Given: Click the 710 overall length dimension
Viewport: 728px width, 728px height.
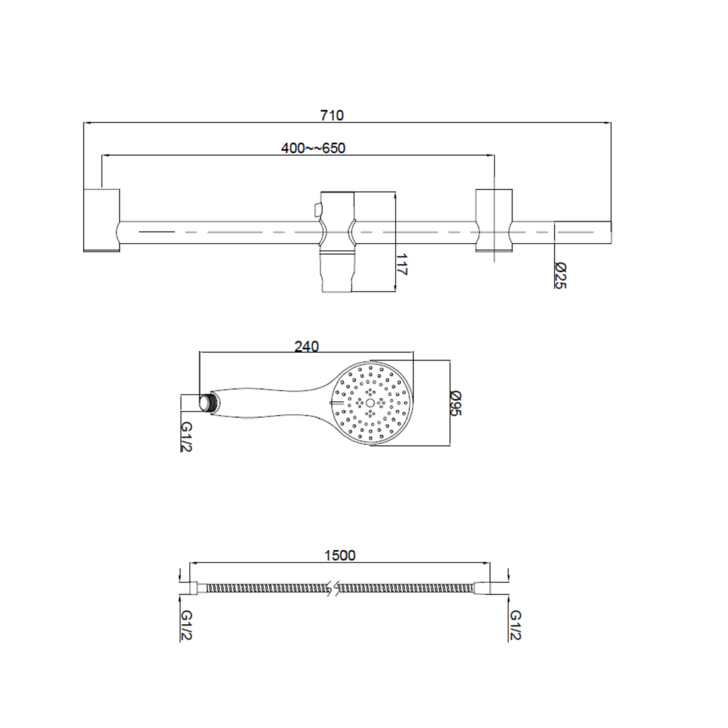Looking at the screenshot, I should coord(331,116).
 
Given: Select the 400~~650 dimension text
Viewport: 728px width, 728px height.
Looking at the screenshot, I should coord(313,148).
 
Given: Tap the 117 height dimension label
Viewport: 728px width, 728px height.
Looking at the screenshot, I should coord(401,264).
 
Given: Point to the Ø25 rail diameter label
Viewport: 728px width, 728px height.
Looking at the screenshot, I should coord(560,275).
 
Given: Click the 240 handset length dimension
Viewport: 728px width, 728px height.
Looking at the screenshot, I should coord(306,347).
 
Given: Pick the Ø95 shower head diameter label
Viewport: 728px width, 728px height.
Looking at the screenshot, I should coord(455,403).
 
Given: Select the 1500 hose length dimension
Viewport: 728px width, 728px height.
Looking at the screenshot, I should coord(340,555).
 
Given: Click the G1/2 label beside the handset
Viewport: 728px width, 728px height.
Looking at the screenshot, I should coord(186,436).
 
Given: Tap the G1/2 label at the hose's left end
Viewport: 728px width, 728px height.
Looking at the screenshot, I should coord(186,625).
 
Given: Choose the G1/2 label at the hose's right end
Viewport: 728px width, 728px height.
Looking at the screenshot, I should coord(515,625).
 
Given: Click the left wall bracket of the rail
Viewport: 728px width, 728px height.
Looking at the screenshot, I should coord(101,220).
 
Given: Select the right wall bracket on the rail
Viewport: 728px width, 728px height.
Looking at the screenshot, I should coord(494,220).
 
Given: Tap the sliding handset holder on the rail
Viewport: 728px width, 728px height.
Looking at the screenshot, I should coord(337,241).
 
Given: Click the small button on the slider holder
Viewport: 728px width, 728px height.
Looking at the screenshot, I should coord(317,210).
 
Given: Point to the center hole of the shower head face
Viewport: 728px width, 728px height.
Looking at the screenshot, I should coord(370,403).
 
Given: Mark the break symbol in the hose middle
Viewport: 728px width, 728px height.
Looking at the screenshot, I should coord(333,588).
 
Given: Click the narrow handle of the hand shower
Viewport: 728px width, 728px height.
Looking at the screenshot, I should coord(272,403).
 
